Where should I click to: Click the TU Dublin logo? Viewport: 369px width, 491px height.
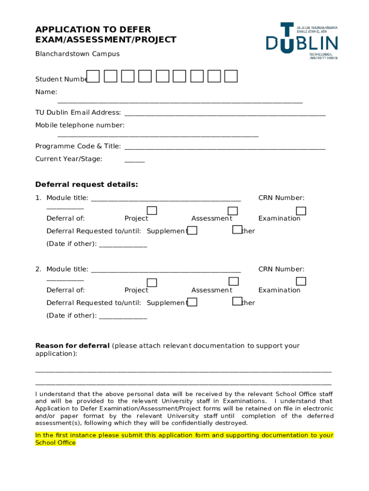coord(302,41)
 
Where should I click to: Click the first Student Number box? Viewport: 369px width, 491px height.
coord(93,76)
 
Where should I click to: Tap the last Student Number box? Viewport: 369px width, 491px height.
coord(231,76)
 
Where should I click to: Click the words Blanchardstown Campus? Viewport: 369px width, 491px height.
coord(77,54)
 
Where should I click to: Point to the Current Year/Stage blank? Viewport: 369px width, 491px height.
coord(134,161)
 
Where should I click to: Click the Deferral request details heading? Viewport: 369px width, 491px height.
coord(87,185)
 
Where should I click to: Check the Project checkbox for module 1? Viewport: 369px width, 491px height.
coord(152,211)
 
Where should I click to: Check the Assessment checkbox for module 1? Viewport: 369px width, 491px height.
coord(233,211)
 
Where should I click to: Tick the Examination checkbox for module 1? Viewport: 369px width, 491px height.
coord(301,211)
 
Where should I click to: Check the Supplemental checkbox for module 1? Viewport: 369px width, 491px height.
coord(192,231)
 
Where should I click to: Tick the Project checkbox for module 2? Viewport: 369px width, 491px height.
coord(152,282)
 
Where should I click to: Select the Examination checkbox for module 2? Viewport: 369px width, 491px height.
coord(301,281)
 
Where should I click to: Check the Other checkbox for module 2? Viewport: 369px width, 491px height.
coord(237,301)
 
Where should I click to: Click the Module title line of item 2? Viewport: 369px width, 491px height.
coord(165,270)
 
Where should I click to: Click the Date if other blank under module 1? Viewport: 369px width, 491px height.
coord(123,245)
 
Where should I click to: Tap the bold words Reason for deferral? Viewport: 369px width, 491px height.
coord(72,346)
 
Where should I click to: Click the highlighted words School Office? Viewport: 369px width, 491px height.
coord(56,443)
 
